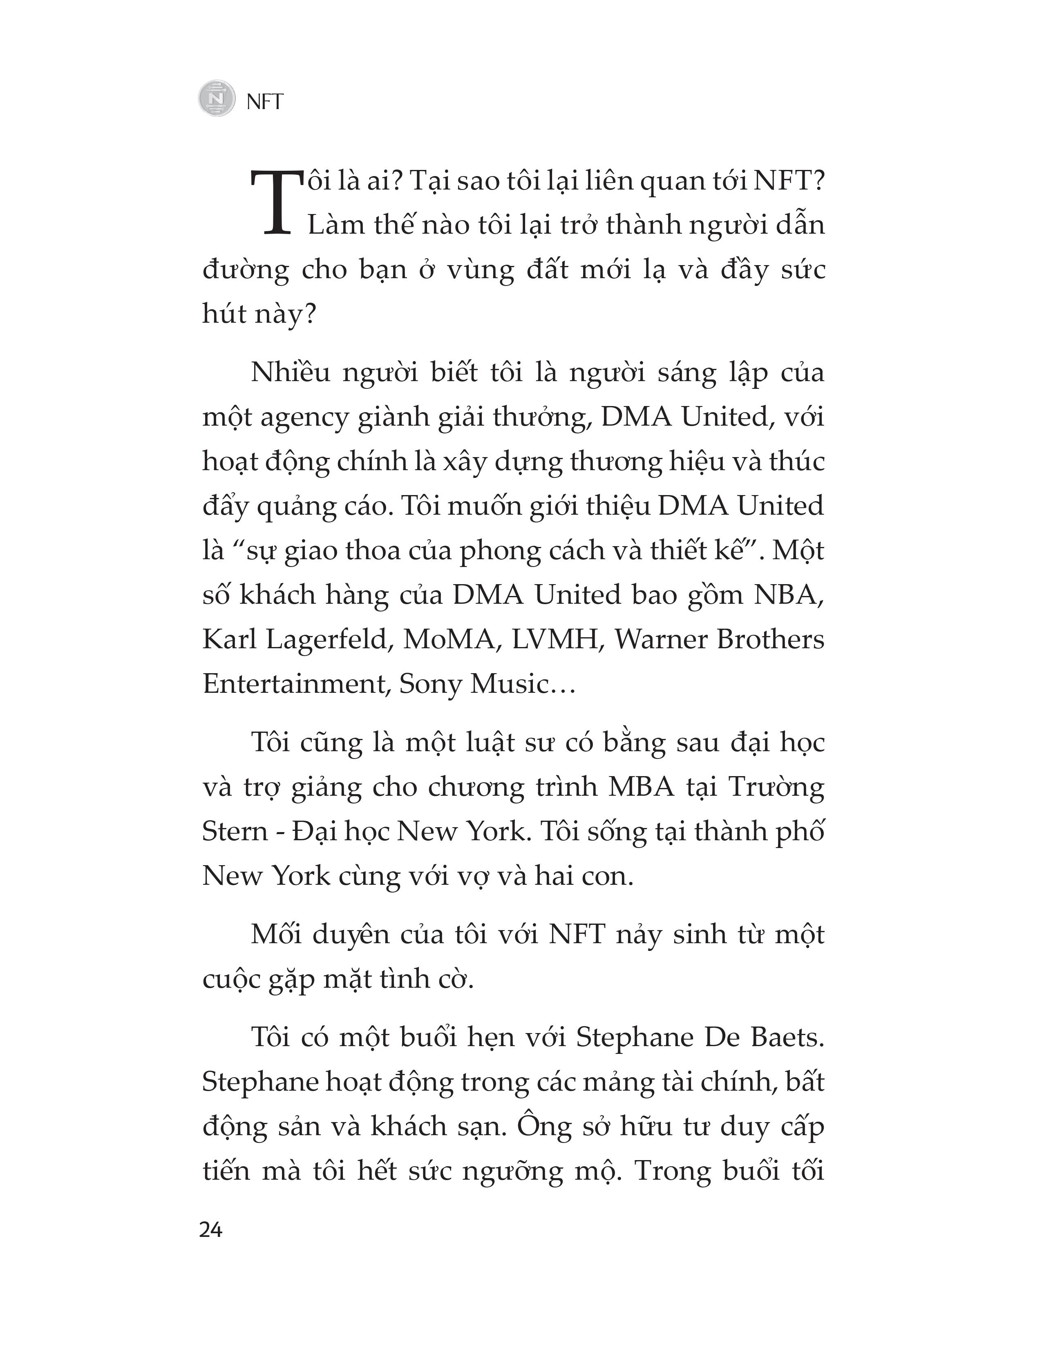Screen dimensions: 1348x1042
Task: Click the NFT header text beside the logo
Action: [264, 102]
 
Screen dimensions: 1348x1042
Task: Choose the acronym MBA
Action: [642, 788]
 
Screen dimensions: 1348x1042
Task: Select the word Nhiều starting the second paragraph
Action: [290, 373]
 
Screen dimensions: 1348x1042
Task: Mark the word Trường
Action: [776, 788]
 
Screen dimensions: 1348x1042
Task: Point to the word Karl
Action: [229, 639]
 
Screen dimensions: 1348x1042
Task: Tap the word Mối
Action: [275, 935]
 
